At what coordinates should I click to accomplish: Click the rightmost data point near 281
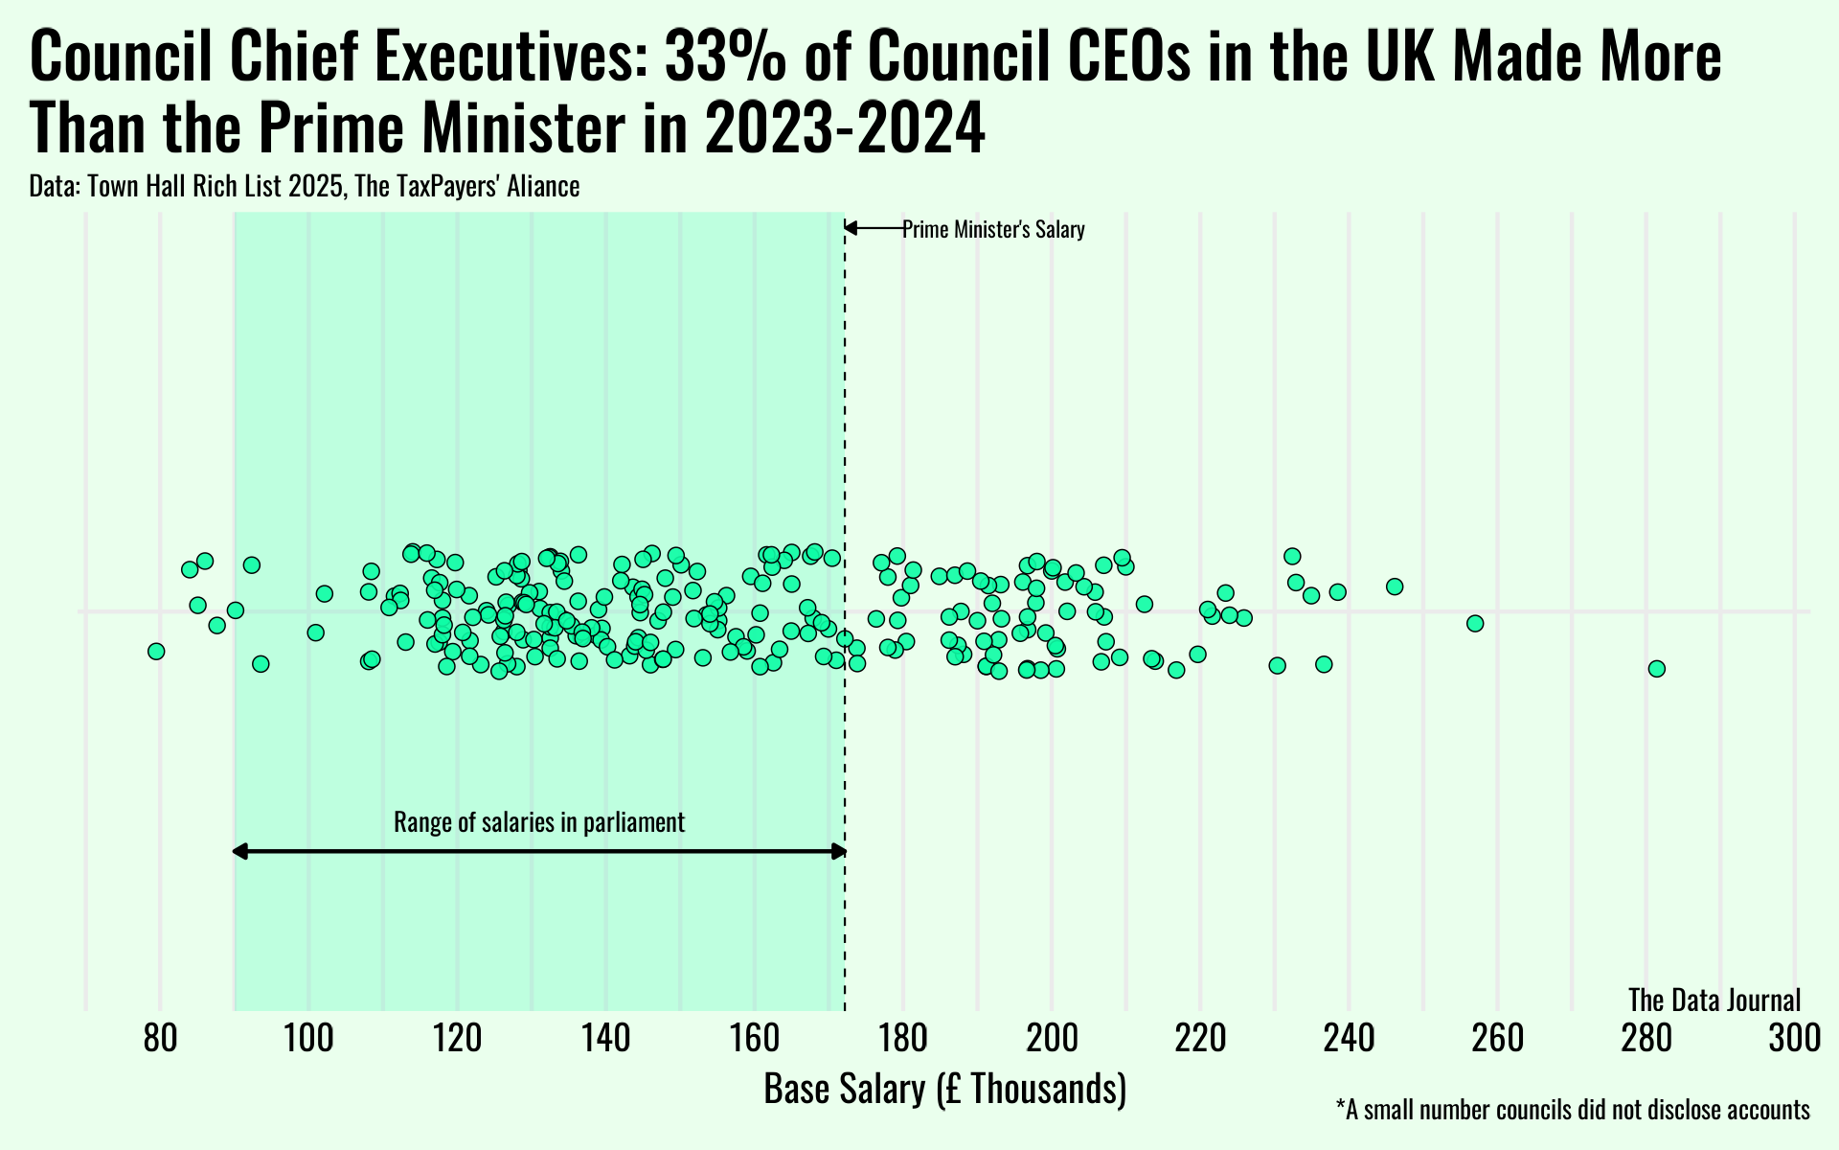(x=1656, y=669)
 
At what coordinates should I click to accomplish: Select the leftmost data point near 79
(x=156, y=652)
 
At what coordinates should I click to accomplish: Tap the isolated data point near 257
(x=1475, y=624)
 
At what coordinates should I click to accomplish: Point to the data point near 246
(x=1395, y=586)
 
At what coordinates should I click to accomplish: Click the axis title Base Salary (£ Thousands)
(x=944, y=1091)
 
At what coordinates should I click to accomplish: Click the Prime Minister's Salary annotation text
(x=993, y=230)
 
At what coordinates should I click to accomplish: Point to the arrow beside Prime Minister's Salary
(x=872, y=228)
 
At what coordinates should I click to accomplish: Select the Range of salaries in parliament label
(x=539, y=822)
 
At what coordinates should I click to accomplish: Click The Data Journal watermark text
(x=1714, y=1000)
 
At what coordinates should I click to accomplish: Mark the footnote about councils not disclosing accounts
(x=1572, y=1111)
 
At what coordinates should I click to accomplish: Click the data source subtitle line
(x=305, y=186)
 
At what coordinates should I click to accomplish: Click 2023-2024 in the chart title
(x=844, y=128)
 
